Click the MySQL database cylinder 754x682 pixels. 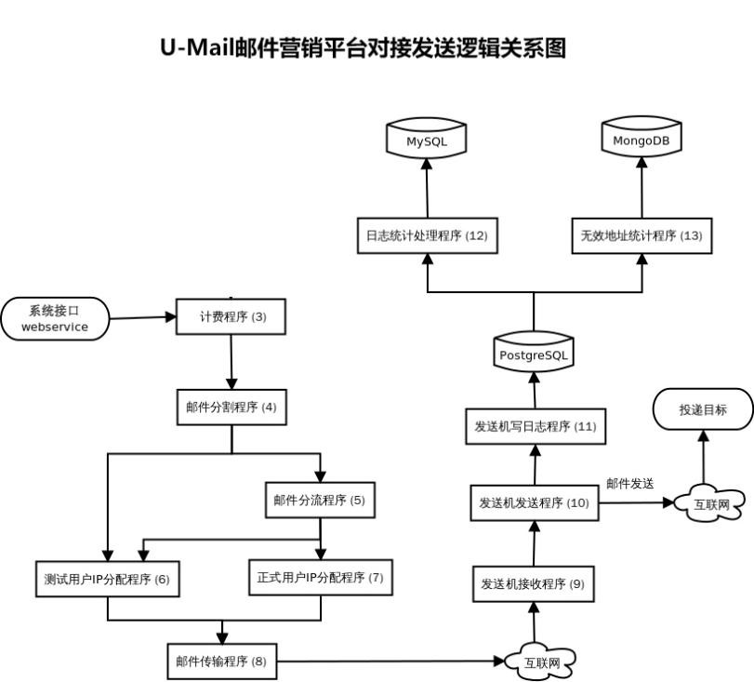[x=426, y=140]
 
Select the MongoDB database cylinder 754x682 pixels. [x=642, y=140]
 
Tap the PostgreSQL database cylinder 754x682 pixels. [x=534, y=354]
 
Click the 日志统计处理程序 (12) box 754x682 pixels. [x=426, y=235]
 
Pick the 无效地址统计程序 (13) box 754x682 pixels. [x=642, y=235]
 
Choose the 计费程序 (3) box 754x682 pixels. [x=231, y=316]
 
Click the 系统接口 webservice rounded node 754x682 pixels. [x=55, y=319]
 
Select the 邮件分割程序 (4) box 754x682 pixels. [x=231, y=407]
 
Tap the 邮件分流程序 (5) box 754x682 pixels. [x=319, y=500]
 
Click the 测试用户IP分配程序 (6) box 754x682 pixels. [x=107, y=579]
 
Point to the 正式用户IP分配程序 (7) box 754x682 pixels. [x=320, y=577]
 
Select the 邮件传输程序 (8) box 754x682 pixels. [x=221, y=662]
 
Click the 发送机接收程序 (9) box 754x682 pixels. [x=533, y=584]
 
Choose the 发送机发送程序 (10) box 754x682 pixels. [x=534, y=502]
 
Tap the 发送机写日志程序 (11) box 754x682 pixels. [x=534, y=426]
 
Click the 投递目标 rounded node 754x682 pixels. [x=703, y=408]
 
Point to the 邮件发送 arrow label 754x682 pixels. [x=630, y=483]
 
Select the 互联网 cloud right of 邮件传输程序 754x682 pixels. [x=539, y=662]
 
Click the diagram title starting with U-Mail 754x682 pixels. [x=364, y=47]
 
